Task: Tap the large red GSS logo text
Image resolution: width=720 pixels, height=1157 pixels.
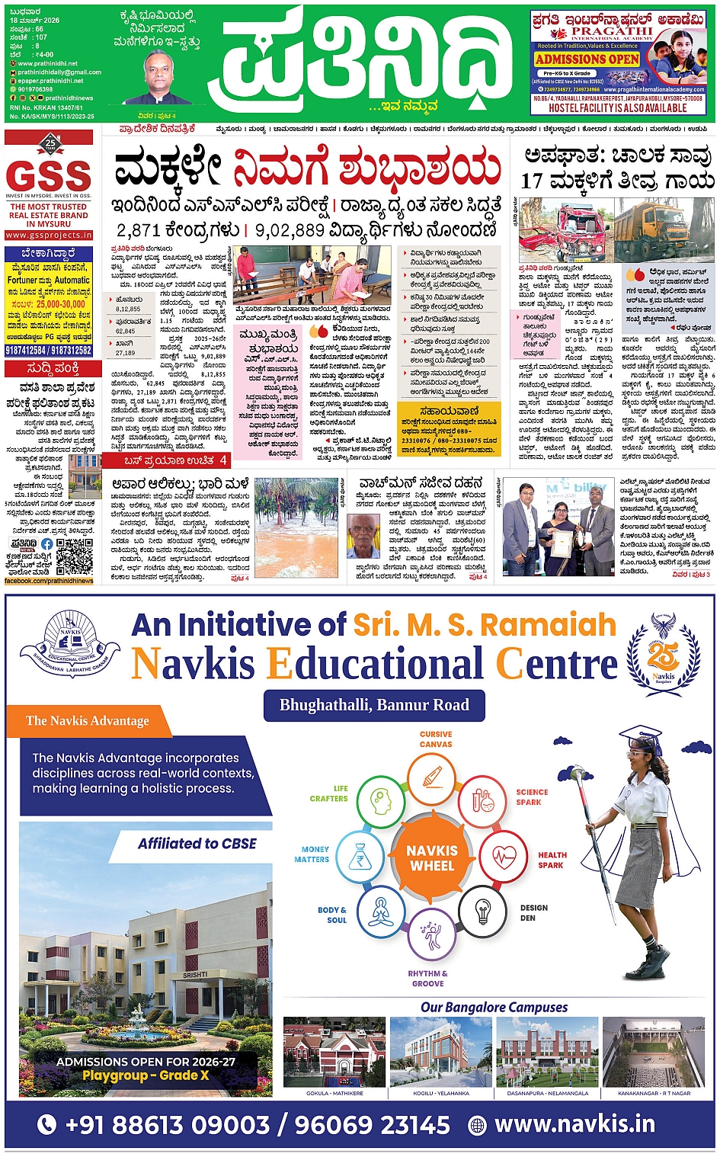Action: tap(49, 176)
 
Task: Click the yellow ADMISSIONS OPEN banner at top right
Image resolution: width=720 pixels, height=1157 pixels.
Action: tap(587, 59)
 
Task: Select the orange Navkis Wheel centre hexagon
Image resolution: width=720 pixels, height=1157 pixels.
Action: tap(432, 858)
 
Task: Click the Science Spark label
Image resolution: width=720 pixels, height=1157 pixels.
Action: tap(531, 797)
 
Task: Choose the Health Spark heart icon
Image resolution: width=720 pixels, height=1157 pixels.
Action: tap(504, 857)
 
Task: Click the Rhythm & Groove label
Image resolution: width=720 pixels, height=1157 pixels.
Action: tap(427, 979)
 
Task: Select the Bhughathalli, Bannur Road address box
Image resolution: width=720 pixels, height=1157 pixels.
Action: tap(374, 705)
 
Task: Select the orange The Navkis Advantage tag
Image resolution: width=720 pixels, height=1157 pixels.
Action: tap(88, 720)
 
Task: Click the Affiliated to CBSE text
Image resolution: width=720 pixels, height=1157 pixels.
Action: tap(197, 843)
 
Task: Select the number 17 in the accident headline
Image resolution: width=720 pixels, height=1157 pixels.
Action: tap(532, 181)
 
